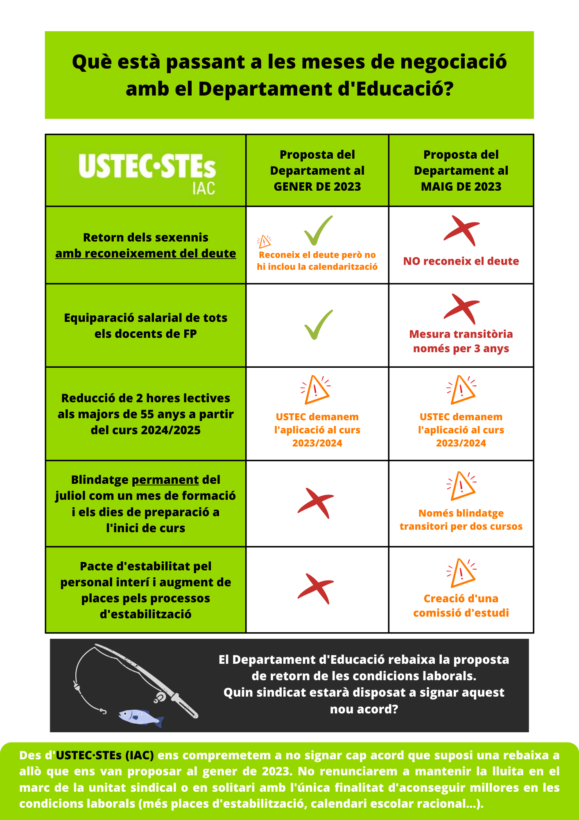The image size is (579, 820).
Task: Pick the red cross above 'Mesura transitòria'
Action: (461, 309)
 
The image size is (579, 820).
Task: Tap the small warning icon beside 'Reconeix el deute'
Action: (264, 241)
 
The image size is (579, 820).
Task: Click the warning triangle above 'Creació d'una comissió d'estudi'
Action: (461, 573)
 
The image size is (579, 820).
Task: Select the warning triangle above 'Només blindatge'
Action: (461, 486)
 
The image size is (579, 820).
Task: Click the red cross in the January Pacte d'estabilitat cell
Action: (316, 589)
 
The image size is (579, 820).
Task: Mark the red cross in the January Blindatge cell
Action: (316, 503)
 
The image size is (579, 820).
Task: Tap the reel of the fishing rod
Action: (160, 697)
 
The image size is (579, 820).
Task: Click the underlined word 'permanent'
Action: (165, 480)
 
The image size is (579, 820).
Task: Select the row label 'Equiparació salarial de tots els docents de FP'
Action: (145, 326)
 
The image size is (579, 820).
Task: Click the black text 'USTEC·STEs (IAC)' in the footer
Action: (105, 755)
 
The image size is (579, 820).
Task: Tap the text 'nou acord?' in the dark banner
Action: (364, 709)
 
